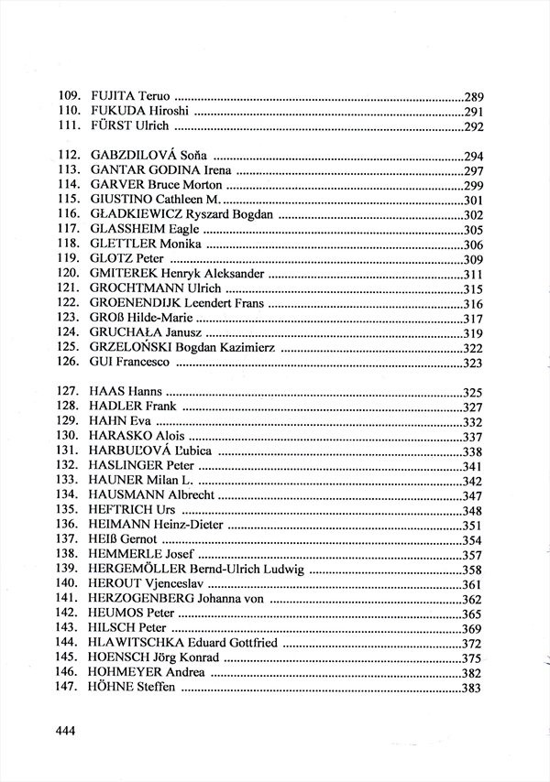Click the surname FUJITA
[113, 96]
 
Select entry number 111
[70, 127]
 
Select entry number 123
[70, 318]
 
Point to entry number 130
[70, 437]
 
